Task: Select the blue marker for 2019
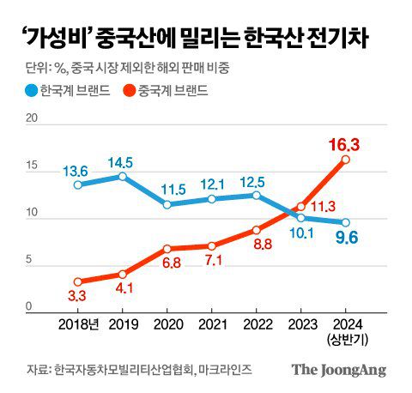point(123,176)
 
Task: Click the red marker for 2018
point(78,281)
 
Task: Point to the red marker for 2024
point(345,159)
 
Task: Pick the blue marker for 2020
point(167,204)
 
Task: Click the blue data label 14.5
point(124,160)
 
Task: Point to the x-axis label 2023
point(300,325)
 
